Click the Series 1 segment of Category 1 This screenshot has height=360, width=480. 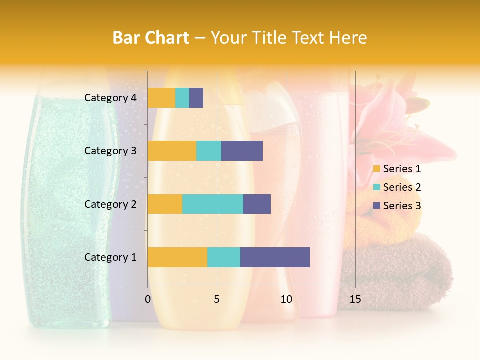coord(177,257)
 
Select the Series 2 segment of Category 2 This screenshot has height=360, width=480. coord(213,204)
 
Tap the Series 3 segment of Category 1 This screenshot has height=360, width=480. coord(275,257)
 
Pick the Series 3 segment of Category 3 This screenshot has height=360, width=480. coord(242,151)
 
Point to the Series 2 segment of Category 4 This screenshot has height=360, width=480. coord(182,98)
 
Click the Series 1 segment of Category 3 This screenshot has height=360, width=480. coord(172,151)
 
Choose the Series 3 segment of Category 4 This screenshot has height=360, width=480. coord(196,98)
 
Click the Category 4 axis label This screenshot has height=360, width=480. coord(110,98)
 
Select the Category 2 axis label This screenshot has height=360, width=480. coord(110,204)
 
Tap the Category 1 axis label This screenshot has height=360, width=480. coord(110,257)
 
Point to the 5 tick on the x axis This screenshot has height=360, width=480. coord(217,299)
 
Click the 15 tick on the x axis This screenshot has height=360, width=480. coord(355,299)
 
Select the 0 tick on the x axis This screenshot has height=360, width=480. coord(148,299)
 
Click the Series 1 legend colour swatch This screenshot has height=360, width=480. coord(376,169)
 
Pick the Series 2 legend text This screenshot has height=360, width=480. coord(402,187)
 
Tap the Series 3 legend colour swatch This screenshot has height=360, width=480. coord(376,206)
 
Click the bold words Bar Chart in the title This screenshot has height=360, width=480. coord(151,38)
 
